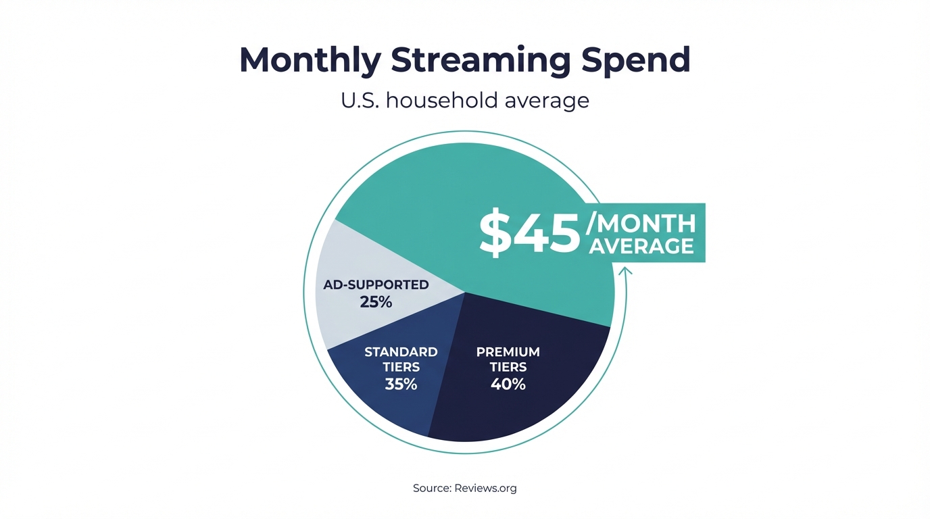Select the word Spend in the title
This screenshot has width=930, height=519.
[x=635, y=60]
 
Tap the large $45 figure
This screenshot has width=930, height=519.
[x=529, y=234]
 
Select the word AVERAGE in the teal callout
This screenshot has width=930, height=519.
[x=641, y=246]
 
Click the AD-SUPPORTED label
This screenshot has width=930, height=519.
[x=376, y=285]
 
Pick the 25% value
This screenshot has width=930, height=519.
[x=376, y=302]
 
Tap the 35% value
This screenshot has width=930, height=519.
[x=401, y=385]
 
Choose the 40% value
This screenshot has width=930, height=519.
[x=508, y=385]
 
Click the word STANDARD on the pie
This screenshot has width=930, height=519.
[x=401, y=352]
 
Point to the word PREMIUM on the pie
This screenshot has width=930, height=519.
[x=508, y=352]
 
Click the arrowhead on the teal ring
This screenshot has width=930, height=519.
[x=625, y=271]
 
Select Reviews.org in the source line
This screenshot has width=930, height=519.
[x=485, y=488]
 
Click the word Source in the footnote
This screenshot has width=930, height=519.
[x=431, y=488]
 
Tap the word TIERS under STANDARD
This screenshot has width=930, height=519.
[x=401, y=368]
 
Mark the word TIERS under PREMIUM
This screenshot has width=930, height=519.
[x=508, y=368]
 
